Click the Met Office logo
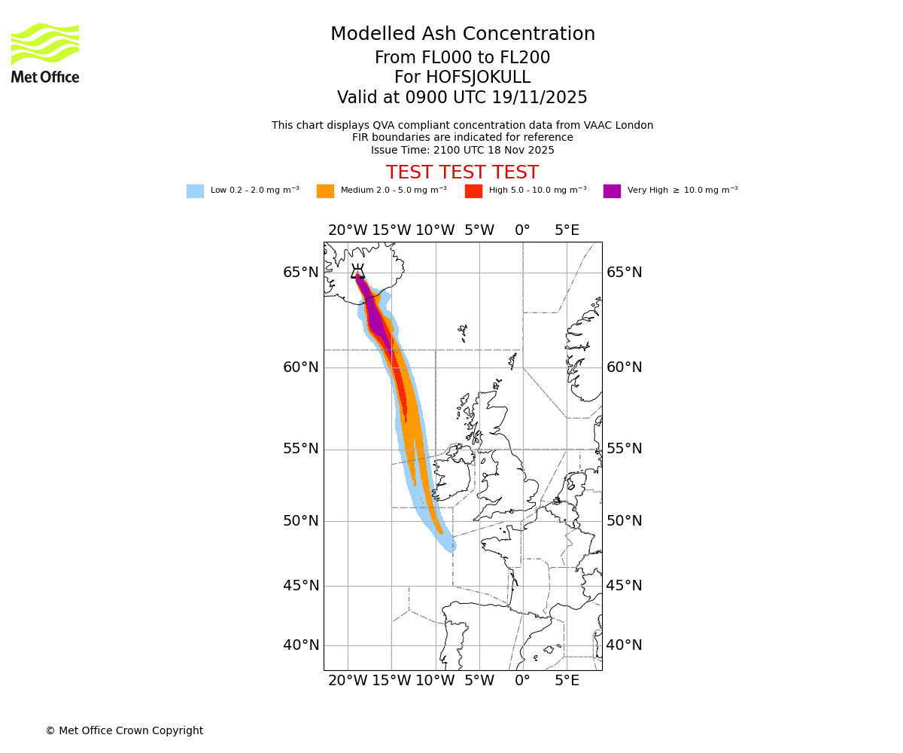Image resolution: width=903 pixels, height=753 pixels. tap(45, 53)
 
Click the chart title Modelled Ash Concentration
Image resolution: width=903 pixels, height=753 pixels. tap(462, 35)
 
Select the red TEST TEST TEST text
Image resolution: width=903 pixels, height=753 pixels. tap(462, 172)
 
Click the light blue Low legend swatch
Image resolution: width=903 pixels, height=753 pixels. tap(195, 191)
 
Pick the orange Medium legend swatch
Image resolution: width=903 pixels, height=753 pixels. tap(325, 191)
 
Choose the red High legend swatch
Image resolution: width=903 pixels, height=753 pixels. tap(473, 191)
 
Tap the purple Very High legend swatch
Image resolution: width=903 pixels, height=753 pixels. tap(612, 191)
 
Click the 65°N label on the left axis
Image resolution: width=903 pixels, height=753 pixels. tap(301, 273)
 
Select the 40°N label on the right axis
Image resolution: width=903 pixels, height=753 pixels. tap(625, 645)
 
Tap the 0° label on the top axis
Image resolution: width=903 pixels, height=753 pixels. tap(522, 230)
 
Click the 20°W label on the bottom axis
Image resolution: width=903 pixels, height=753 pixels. tap(348, 681)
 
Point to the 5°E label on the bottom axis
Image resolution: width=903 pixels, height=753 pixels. tap(567, 681)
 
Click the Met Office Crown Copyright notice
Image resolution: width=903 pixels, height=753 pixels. tap(124, 730)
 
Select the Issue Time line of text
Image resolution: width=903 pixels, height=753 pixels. tap(462, 150)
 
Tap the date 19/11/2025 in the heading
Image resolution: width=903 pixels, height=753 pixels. tap(540, 98)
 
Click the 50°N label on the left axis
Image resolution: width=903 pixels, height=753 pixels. tap(301, 521)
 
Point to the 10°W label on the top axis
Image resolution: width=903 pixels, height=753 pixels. tap(435, 230)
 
